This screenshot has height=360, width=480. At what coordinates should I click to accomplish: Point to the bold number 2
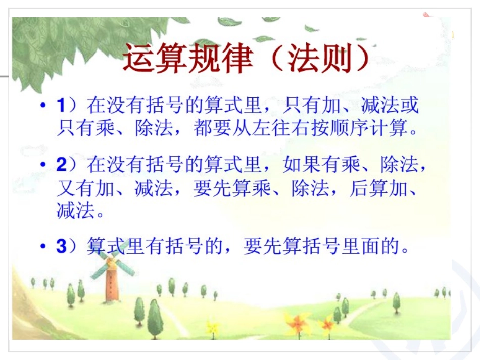tap(61, 165)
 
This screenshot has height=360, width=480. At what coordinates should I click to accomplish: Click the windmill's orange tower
tap(110, 286)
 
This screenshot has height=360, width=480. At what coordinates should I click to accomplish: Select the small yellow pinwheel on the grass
tap(212, 327)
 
